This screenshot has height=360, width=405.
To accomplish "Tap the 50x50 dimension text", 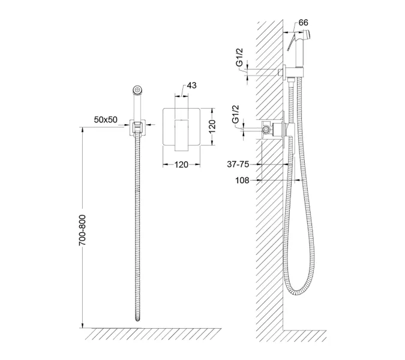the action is click(106, 119).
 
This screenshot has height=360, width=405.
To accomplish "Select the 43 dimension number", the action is click(191, 85).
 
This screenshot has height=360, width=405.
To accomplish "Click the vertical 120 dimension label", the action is click(212, 126).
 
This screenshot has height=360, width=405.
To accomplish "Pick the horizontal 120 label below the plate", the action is click(181, 164).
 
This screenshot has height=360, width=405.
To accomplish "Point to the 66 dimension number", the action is click(303, 23).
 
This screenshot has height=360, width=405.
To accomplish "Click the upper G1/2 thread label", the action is click(240, 57).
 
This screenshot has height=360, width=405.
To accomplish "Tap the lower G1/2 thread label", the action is click(236, 115).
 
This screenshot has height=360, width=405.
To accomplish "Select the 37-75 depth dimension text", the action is click(238, 164).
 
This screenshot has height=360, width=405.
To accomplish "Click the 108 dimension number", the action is click(242, 180).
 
